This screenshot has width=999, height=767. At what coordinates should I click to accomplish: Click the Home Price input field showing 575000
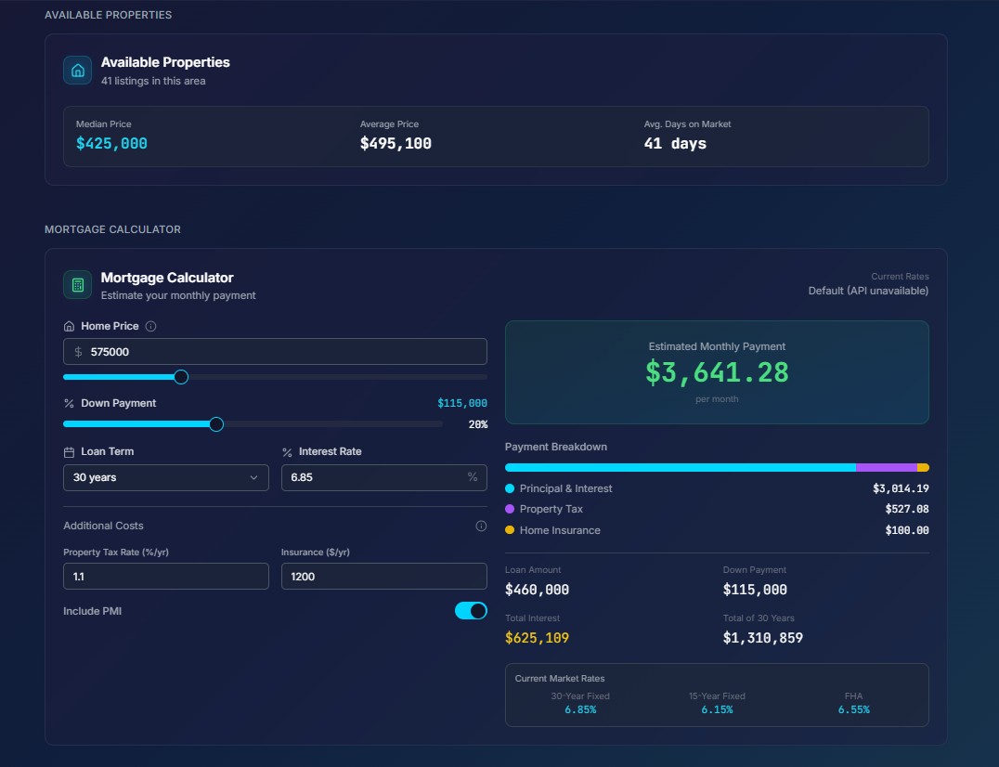[x=275, y=352]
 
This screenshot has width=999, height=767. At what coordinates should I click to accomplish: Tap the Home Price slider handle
[x=181, y=377]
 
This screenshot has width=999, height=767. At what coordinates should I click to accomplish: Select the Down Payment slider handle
[x=216, y=424]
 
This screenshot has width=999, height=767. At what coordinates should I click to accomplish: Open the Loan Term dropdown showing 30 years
[x=165, y=477]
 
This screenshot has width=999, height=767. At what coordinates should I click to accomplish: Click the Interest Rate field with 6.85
[x=383, y=477]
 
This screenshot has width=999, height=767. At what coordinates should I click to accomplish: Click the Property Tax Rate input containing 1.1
[x=165, y=576]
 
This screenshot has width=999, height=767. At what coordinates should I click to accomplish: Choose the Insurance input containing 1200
[x=383, y=576]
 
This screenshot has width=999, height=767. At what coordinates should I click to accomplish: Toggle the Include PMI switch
[x=471, y=611]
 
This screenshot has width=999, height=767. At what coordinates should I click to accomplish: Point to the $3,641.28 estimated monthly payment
[x=717, y=372]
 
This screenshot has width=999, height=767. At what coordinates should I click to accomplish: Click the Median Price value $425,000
[x=111, y=144]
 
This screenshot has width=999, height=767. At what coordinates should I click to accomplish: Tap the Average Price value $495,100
[x=396, y=144]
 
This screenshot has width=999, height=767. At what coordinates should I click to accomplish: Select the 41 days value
[x=675, y=144]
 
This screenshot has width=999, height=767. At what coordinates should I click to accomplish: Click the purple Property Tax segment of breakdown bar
[x=886, y=468]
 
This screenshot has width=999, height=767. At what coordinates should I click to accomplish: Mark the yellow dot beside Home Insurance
[x=510, y=530]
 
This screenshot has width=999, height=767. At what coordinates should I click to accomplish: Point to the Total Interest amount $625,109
[x=537, y=638]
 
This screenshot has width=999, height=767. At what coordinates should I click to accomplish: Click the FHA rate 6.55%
[x=853, y=709]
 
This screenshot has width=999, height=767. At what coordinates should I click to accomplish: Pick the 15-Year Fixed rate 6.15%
[x=717, y=709]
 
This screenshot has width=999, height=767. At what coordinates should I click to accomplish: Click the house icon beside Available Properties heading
[x=78, y=71]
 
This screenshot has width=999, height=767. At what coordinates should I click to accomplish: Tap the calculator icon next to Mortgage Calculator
[x=78, y=285]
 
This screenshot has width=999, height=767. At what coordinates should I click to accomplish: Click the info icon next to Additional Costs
[x=481, y=526]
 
